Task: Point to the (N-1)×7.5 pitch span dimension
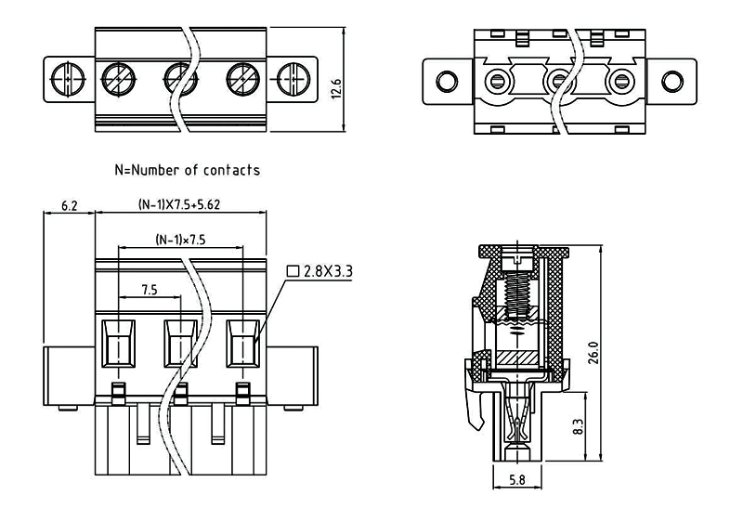point(180,240)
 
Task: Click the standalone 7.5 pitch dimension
point(149,290)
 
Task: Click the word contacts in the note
point(231,170)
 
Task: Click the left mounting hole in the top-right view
point(445,78)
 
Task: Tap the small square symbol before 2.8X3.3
point(293,272)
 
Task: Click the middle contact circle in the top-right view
point(560,78)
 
